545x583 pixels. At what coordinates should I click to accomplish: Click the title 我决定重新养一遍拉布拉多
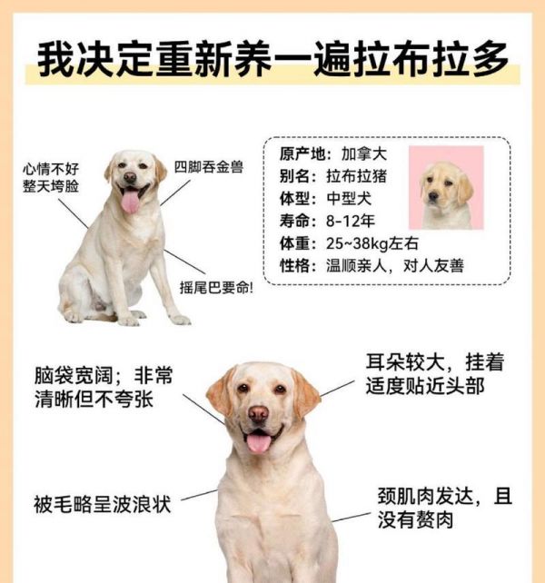pos(272,59)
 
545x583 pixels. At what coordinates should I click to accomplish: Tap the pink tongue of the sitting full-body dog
pos(130,201)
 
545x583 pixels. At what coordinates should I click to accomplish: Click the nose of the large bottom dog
pos(258,414)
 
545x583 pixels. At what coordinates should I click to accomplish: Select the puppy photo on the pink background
pos(446,187)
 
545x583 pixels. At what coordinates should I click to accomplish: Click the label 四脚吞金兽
pos(209,167)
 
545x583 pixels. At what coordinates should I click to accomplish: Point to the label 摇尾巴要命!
pos(216,287)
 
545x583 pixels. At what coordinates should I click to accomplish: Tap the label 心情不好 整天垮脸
pos(51,177)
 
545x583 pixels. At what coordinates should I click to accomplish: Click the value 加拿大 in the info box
pos(364,154)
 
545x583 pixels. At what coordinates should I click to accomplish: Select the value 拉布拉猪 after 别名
pos(356,176)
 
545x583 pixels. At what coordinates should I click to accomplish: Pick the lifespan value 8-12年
pos(350,221)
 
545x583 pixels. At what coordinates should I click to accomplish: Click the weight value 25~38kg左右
pos(372,243)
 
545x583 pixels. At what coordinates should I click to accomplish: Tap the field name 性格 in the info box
pos(294,265)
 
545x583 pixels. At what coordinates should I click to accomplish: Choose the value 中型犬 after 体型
pos(349,199)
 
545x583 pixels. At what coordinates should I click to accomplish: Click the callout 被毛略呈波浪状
pos(103,504)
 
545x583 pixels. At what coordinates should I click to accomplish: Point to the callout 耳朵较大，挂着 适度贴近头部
pos(434,374)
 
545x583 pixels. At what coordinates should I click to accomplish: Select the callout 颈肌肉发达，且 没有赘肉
pos(445,508)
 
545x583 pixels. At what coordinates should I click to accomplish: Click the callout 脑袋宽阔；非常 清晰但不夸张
pos(104,387)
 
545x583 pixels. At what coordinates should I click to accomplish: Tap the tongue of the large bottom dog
pos(259,442)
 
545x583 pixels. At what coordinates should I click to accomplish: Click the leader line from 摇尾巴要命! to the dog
pos(184,262)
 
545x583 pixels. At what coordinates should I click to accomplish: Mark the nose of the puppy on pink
pos(432,196)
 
